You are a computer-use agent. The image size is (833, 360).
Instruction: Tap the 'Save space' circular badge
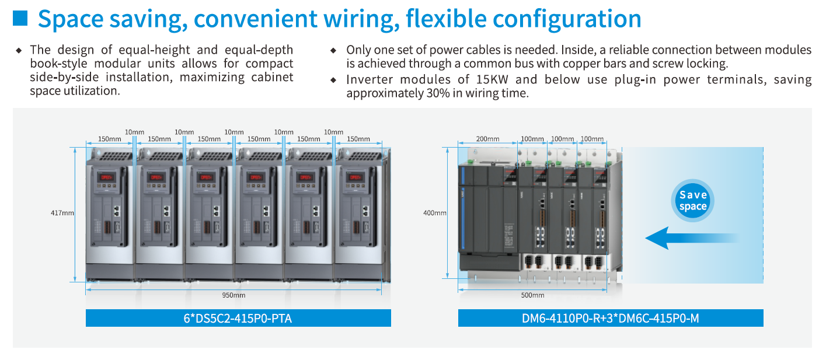click(x=693, y=201)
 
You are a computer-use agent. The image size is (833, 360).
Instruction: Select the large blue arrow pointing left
click(x=691, y=238)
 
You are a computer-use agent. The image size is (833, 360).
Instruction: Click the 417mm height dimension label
click(x=62, y=214)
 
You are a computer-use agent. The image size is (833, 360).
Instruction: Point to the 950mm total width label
click(x=233, y=295)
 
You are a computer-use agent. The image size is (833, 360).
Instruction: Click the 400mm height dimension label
click(x=435, y=214)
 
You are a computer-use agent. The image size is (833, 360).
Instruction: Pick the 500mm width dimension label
click(x=532, y=295)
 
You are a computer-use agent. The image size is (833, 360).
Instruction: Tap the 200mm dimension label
click(x=487, y=139)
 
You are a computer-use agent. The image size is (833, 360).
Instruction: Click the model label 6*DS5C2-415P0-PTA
click(x=238, y=319)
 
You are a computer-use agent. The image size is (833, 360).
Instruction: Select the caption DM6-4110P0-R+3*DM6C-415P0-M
click(x=611, y=319)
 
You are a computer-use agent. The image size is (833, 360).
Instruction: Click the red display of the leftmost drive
click(x=107, y=177)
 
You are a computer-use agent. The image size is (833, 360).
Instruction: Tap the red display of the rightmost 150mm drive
click(x=355, y=177)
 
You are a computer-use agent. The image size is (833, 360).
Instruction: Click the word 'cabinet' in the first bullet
click(x=273, y=77)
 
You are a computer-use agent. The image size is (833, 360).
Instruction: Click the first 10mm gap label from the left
click(x=134, y=132)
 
